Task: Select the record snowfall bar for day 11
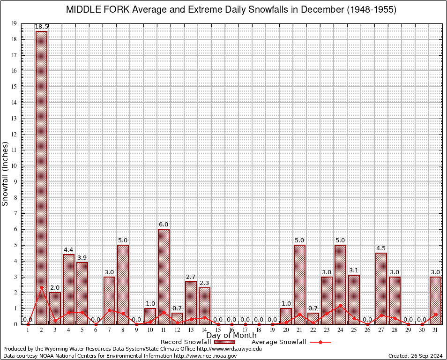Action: tap(164, 277)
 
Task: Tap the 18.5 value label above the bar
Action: tap(42, 27)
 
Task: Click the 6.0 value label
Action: tap(164, 225)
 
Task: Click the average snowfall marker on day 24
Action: tap(340, 305)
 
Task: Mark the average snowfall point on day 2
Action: tap(42, 288)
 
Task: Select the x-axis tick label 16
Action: tap(231, 330)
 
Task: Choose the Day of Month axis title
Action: tap(231, 336)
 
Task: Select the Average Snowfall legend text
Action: tap(279, 342)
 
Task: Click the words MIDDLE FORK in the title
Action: tap(97, 10)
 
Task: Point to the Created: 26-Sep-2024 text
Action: tap(415, 356)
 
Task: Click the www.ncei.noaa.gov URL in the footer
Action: tap(205, 356)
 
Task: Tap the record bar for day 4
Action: tap(69, 289)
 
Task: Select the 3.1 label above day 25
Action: tap(354, 270)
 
